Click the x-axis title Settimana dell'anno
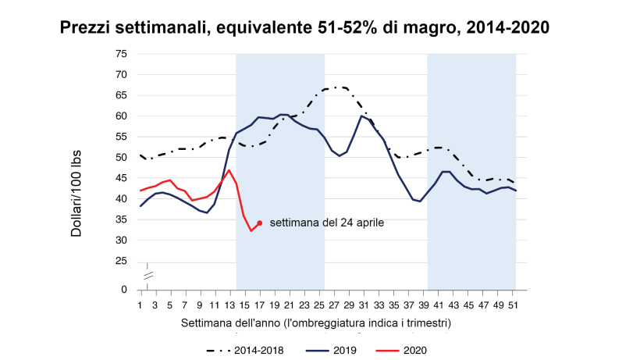pyautogui.click(x=317, y=322)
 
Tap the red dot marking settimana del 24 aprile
pyautogui.click(x=259, y=223)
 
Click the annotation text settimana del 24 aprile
pyautogui.click(x=327, y=223)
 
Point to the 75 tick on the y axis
pyautogui.click(x=121, y=54)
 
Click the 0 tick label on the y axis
pyautogui.click(x=124, y=290)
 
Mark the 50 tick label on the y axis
pyautogui.click(x=121, y=157)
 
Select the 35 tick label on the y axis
pyautogui.click(x=121, y=219)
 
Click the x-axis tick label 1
pyautogui.click(x=140, y=305)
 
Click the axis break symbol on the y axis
pyautogui.click(x=147, y=274)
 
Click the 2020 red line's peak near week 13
pyautogui.click(x=229, y=169)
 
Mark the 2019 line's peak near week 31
pyautogui.click(x=361, y=116)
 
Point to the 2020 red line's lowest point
pyautogui.click(x=251, y=230)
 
